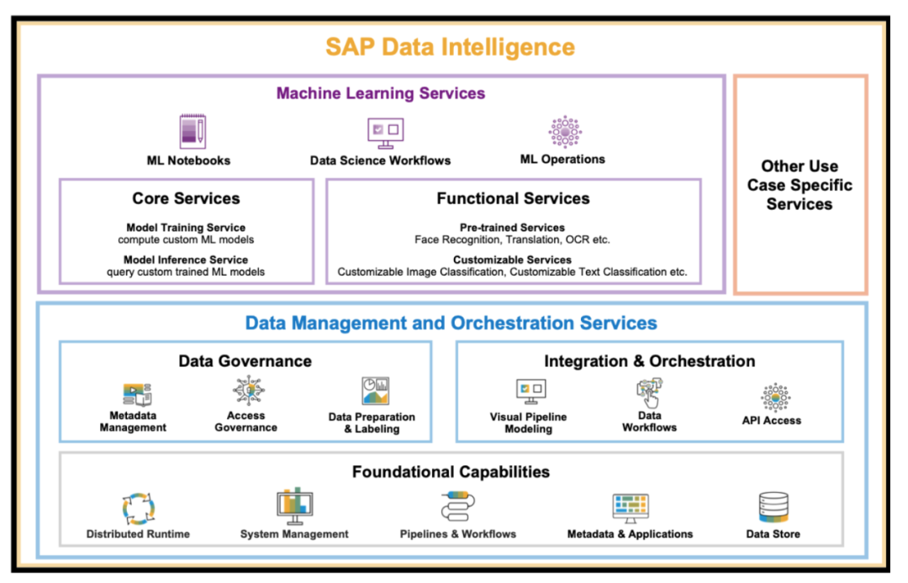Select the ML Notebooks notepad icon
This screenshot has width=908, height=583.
tap(192, 132)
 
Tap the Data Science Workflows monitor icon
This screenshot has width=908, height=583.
tap(385, 132)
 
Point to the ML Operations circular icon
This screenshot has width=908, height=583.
tap(564, 132)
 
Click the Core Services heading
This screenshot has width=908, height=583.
tap(186, 199)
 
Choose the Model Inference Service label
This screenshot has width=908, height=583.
tap(186, 260)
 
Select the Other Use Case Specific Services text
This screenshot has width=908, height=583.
tap(800, 185)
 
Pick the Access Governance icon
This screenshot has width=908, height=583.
tap(247, 391)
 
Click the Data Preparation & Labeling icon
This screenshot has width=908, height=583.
tap(375, 391)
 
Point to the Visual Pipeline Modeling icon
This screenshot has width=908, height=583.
tap(531, 391)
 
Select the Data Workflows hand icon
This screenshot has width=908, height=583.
tap(649, 392)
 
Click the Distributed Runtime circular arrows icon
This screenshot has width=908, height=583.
tap(139, 508)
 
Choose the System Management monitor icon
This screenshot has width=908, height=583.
tap(294, 507)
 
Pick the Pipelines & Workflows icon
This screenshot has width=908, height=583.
tap(458, 507)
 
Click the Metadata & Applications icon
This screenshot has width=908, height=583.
tap(630, 507)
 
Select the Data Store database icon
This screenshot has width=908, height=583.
tap(773, 507)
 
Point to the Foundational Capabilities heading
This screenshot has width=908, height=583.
tap(451, 472)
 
